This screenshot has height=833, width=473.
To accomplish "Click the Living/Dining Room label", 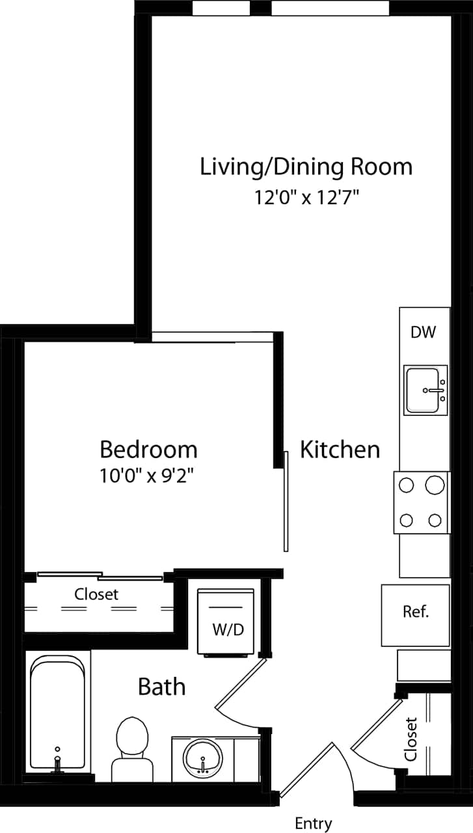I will click(x=306, y=167).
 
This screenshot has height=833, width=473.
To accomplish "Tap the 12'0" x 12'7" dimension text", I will click(x=306, y=198).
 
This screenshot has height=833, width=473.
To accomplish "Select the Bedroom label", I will click(x=148, y=450).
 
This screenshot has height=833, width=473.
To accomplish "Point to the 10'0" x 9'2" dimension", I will click(x=148, y=476).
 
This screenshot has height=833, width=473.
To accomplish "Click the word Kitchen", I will click(x=340, y=450).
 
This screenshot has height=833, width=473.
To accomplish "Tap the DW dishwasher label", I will click(x=423, y=332).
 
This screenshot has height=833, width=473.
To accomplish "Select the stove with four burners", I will click(x=422, y=502).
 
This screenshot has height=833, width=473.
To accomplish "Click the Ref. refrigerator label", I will click(x=416, y=612).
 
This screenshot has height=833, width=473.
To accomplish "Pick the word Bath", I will click(x=161, y=687).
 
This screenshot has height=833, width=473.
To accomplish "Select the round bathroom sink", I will click(x=203, y=757).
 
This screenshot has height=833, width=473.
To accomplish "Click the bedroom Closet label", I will click(x=96, y=594).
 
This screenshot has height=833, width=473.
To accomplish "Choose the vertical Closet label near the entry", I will click(x=411, y=739).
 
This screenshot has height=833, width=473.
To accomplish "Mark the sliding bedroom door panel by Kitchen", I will click(x=286, y=501).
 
